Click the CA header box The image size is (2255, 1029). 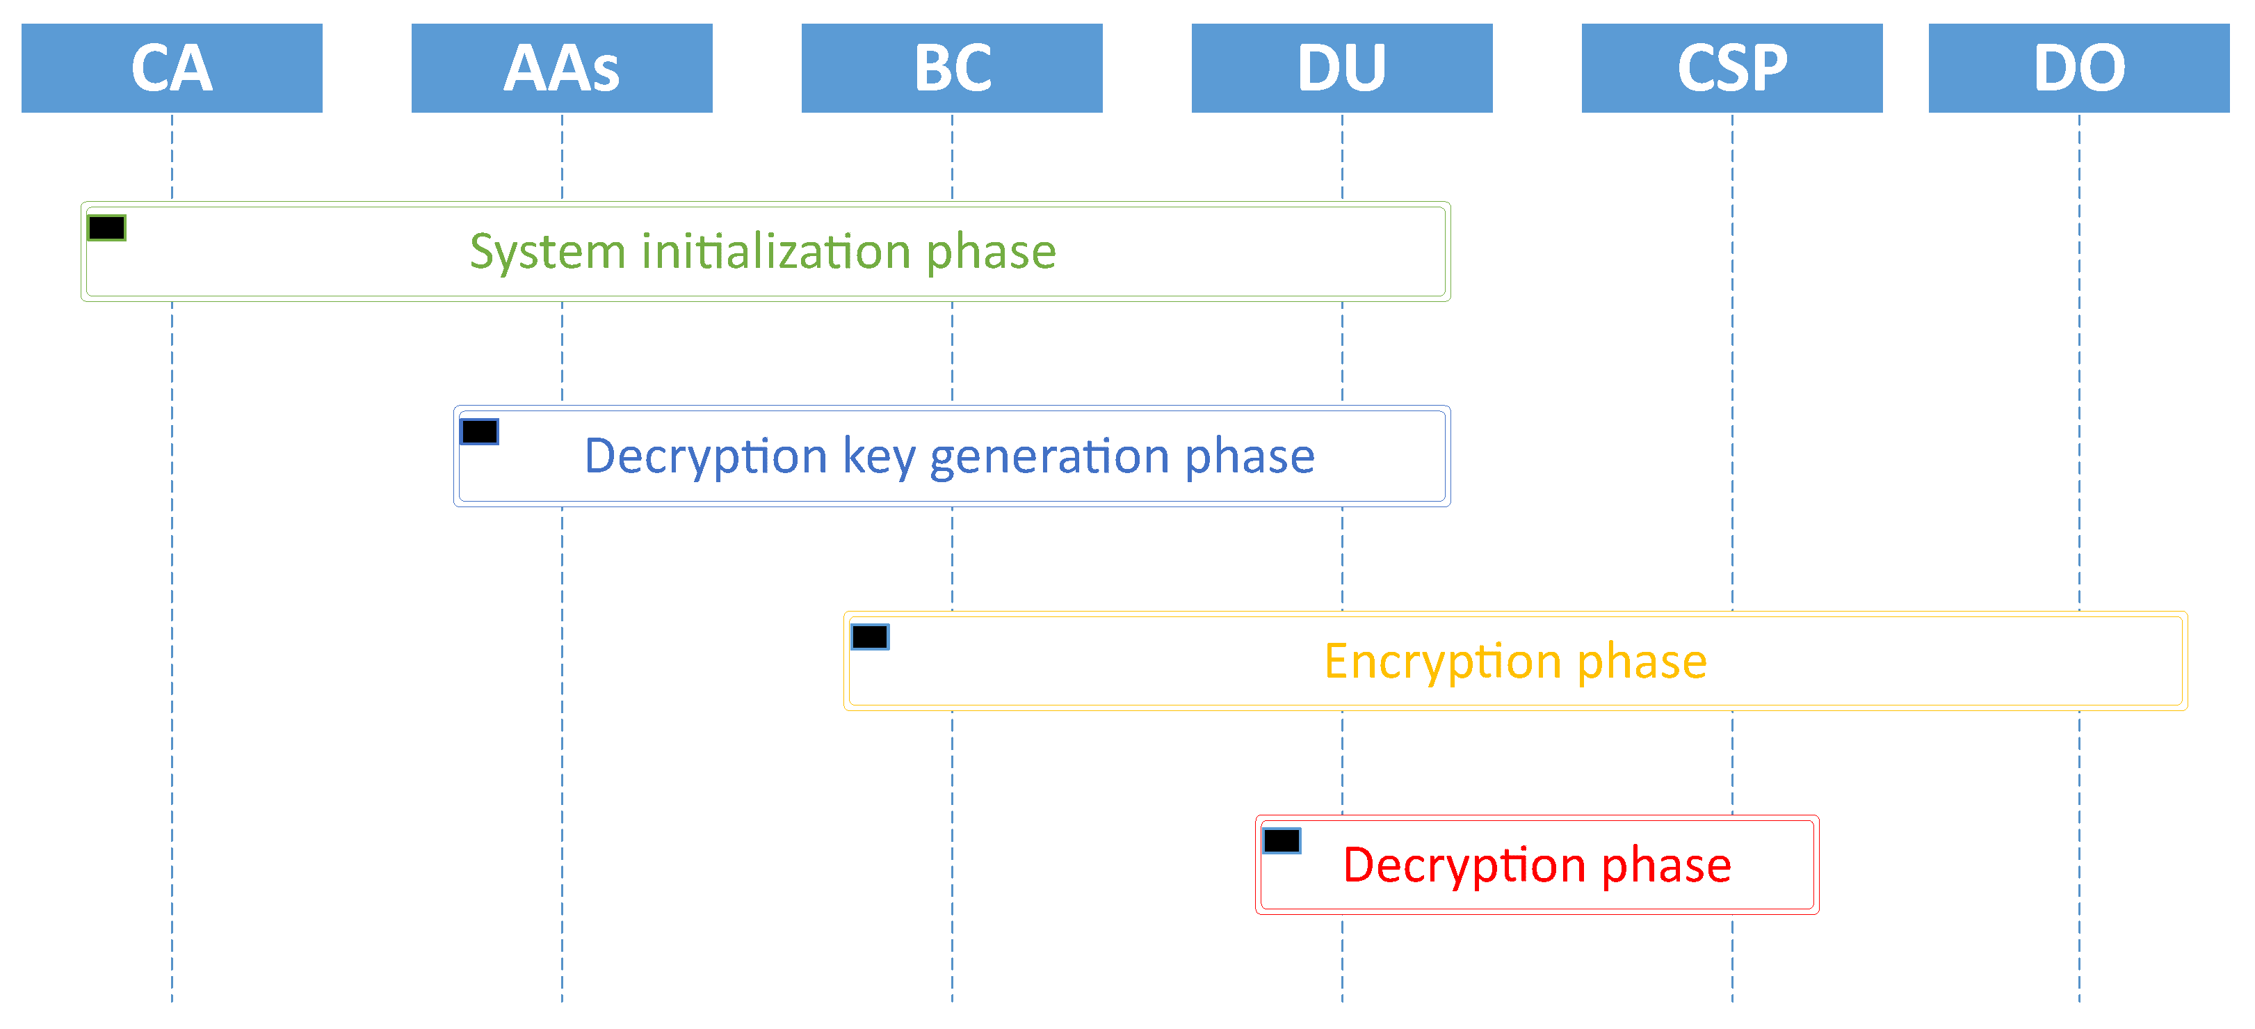tap(172, 68)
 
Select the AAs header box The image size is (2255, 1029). tap(561, 68)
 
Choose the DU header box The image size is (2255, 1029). tap(1341, 68)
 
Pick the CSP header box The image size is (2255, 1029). tap(1731, 68)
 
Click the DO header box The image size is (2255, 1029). tap(2078, 68)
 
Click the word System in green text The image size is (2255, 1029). tap(547, 253)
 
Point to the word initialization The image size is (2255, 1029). tap(775, 253)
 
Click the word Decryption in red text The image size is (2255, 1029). tap(1464, 866)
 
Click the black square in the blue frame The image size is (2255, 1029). tap(479, 432)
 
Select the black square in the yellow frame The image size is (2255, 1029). tap(869, 637)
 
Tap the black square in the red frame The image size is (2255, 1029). tap(1281, 840)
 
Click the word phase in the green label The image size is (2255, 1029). tap(991, 253)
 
